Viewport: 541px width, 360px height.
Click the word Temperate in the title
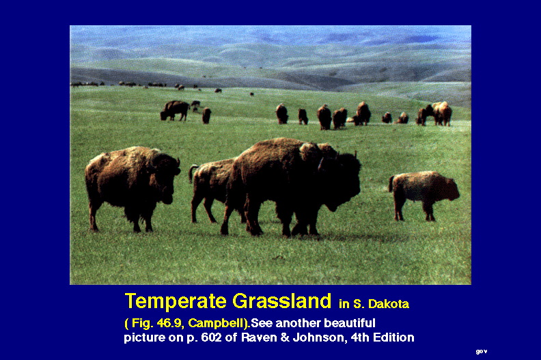click(176, 301)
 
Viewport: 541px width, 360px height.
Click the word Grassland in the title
click(281, 301)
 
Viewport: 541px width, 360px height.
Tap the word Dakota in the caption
click(389, 304)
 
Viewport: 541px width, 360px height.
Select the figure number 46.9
click(169, 323)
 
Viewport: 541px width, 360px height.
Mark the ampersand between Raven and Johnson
click(286, 337)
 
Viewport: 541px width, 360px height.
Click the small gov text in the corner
click(482, 352)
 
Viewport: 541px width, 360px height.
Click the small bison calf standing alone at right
click(424, 194)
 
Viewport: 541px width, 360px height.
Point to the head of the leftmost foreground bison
click(168, 178)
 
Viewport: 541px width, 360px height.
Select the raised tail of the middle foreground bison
click(191, 173)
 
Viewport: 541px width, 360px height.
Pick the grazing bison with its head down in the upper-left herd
click(175, 111)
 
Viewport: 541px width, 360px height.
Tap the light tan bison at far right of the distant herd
click(442, 113)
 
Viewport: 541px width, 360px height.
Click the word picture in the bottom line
click(145, 337)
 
